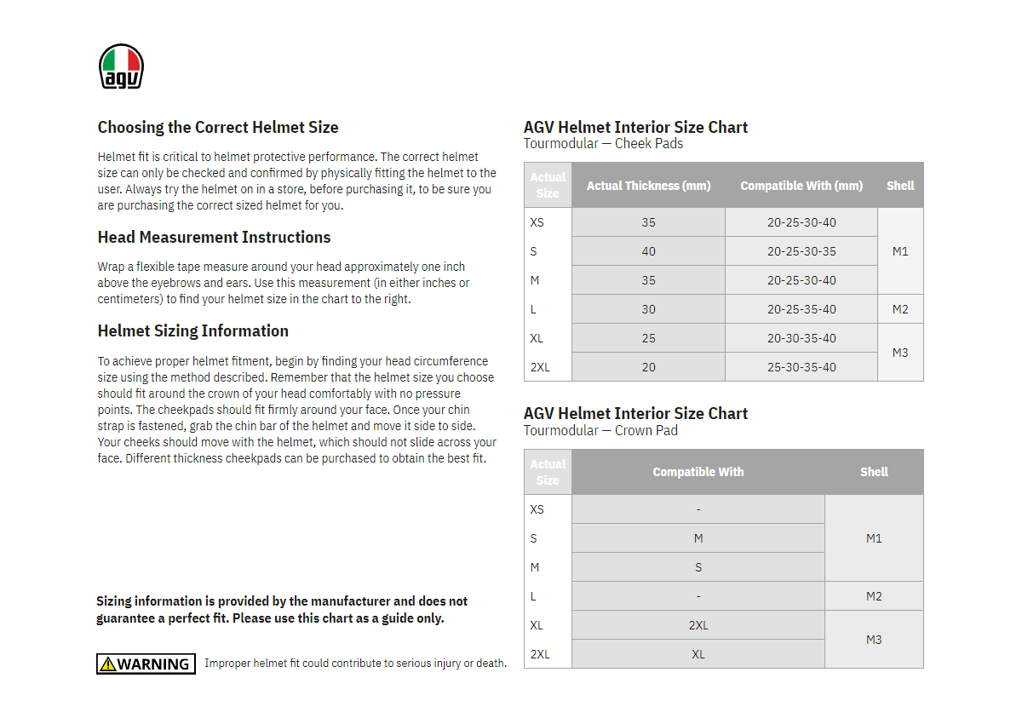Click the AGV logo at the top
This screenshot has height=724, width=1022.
(121, 66)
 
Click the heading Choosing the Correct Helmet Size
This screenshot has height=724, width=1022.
(218, 128)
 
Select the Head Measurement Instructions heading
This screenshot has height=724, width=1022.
(214, 238)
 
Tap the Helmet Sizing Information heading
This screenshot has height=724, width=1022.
(193, 331)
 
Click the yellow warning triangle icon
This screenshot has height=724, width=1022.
(107, 664)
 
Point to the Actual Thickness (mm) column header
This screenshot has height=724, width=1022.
(648, 186)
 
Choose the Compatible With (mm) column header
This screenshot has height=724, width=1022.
(801, 186)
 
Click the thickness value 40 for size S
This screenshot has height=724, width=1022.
(649, 251)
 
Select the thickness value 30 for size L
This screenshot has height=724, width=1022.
(649, 309)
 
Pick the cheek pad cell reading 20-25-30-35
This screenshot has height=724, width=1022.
(801, 251)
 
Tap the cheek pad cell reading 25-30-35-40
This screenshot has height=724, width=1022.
(801, 367)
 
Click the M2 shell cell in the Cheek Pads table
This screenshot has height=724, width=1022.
(900, 309)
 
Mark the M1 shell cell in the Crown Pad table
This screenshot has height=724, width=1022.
(874, 538)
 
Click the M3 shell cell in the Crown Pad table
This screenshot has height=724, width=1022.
(874, 640)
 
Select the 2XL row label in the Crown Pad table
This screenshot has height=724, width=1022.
(540, 654)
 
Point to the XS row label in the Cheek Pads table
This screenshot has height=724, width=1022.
(537, 222)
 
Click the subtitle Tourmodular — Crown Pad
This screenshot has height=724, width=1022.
(600, 431)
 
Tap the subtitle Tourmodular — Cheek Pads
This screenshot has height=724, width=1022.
(603, 144)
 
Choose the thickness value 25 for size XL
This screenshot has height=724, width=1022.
(649, 338)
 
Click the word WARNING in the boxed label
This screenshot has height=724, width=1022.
(153, 664)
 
